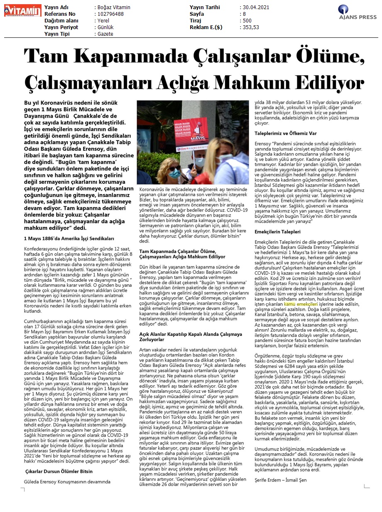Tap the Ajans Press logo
click(358, 12)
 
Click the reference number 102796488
click(110, 14)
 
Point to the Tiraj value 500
click(247, 21)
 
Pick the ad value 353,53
click(250, 27)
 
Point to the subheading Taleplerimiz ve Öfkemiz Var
click(285, 134)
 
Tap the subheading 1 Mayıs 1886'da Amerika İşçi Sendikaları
click(69, 239)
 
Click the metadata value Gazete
click(105, 34)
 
